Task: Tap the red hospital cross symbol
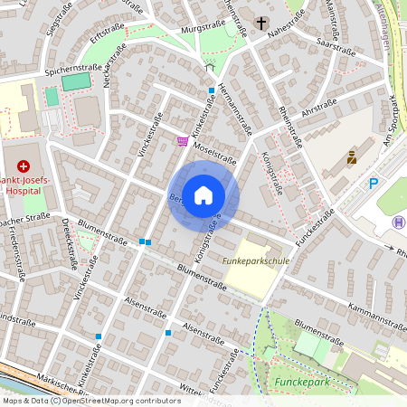tap(23, 166)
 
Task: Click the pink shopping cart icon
tap(183, 141)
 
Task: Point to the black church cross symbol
tap(261, 24)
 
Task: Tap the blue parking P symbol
tap(374, 184)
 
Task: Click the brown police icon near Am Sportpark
tap(351, 157)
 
